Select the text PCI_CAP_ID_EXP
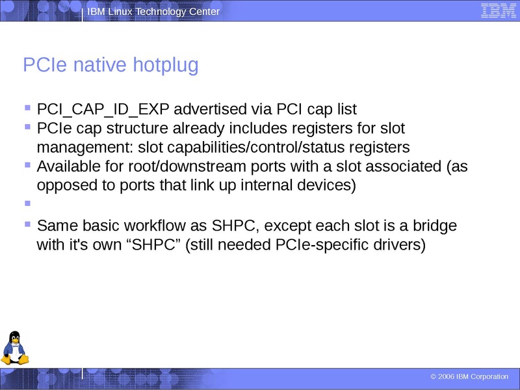(103, 109)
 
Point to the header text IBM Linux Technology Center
(153, 12)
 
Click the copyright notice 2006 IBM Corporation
(469, 377)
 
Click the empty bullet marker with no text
(27, 203)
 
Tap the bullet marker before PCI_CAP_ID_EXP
(27, 105)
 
